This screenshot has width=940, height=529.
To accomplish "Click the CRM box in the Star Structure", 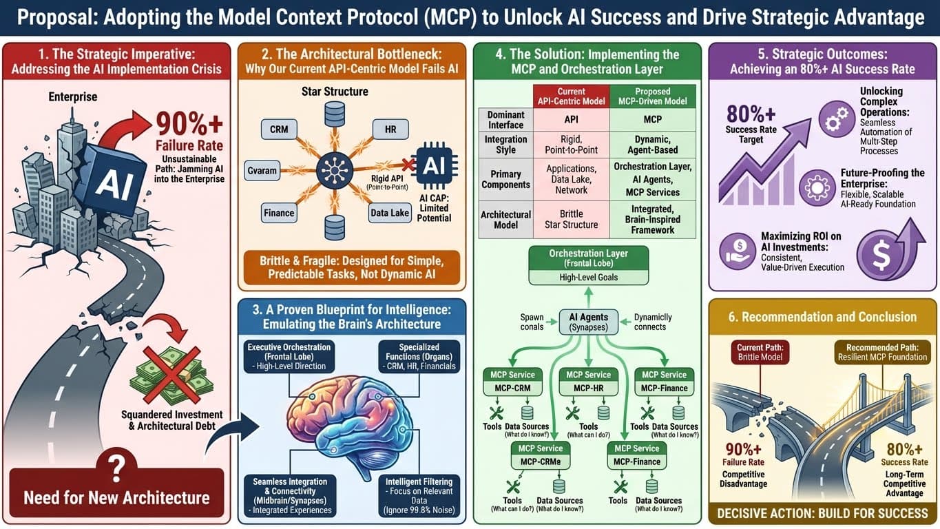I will (x=279, y=129).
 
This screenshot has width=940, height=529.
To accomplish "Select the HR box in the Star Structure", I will (x=390, y=129).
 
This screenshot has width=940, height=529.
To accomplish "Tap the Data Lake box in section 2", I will (x=389, y=214).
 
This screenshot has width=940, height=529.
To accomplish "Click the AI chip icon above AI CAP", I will (x=433, y=165).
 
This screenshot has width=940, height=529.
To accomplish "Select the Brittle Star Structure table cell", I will (x=571, y=218).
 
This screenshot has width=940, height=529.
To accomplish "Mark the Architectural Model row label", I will (x=506, y=218).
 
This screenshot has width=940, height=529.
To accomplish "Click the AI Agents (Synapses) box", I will (x=588, y=322).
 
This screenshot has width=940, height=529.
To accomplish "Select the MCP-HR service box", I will (x=588, y=381).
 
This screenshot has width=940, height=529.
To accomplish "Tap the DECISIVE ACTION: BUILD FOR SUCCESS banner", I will (x=822, y=513).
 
